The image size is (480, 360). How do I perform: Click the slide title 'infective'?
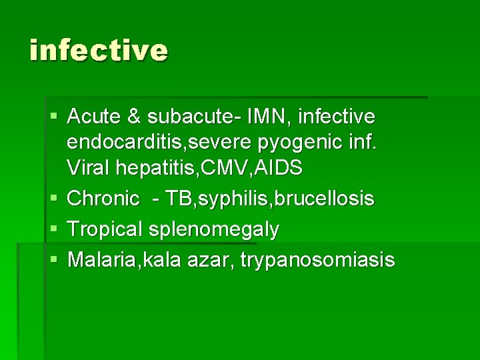point(99,51)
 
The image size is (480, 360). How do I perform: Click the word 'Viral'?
point(87,168)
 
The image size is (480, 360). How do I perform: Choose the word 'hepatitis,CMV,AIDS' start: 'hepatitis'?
point(153,168)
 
